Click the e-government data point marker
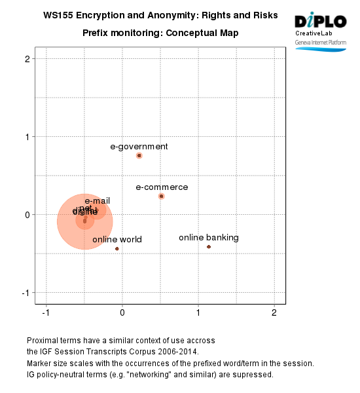(139, 156)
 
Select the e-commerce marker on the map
(162, 196)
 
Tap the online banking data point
(209, 247)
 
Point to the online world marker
(117, 249)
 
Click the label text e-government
(139, 147)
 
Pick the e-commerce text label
(162, 187)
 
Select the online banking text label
(209, 238)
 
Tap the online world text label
(117, 240)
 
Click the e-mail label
(98, 200)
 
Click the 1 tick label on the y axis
(27, 137)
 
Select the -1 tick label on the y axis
(26, 293)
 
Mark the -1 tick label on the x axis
(46, 313)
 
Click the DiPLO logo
(320, 21)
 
